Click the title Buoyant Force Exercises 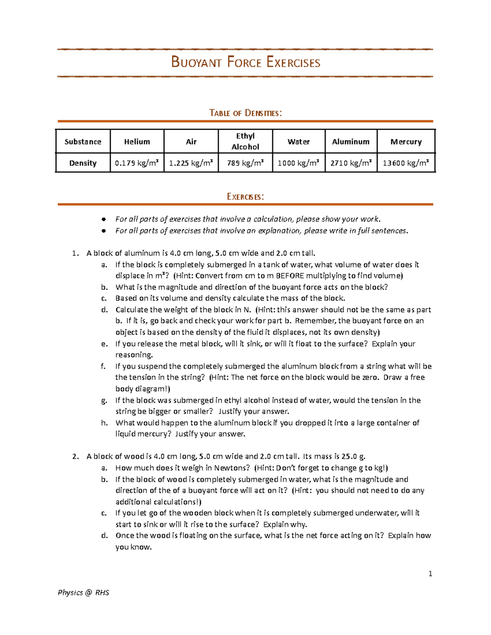(x=245, y=63)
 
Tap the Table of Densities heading (x=245, y=113)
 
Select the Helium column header (x=137, y=141)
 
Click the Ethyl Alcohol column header (x=245, y=141)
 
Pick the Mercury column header (x=405, y=141)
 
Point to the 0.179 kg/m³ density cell (x=137, y=163)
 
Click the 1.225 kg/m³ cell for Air (x=191, y=163)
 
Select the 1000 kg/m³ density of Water (x=298, y=163)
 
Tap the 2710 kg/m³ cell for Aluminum (x=351, y=163)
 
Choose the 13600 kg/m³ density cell (x=405, y=163)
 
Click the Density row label (x=83, y=163)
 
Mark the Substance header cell (x=83, y=141)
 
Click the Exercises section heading (x=245, y=197)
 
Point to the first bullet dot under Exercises (x=104, y=219)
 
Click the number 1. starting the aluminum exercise (x=75, y=253)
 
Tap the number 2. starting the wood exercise (x=75, y=456)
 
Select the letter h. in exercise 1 (x=104, y=423)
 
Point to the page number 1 (x=430, y=574)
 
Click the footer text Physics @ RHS (x=83, y=592)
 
